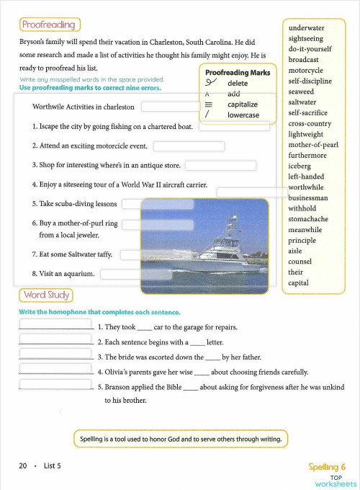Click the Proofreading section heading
(49, 25)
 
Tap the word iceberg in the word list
(300, 166)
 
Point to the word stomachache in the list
(307, 219)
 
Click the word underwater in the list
(306, 28)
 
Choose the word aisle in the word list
(295, 251)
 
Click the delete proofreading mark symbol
(210, 84)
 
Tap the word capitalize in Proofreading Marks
(243, 104)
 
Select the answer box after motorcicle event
(189, 146)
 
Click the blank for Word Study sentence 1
(55, 324)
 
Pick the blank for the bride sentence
(55, 355)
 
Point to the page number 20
(23, 465)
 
